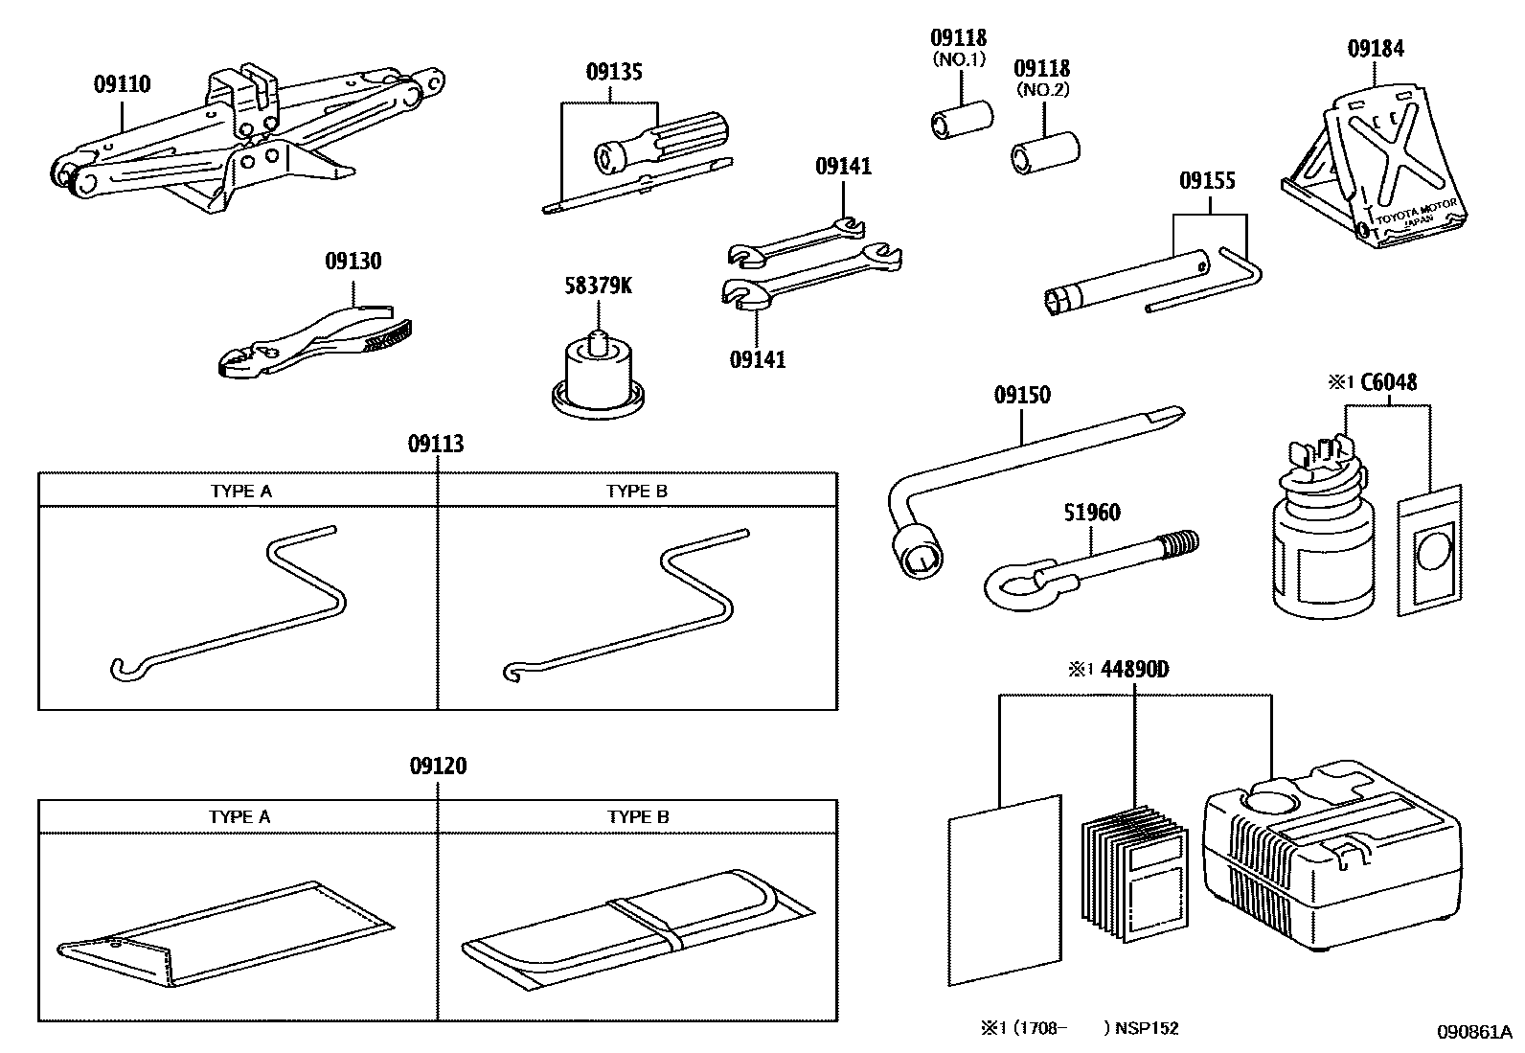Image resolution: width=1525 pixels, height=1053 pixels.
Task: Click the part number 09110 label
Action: (x=122, y=84)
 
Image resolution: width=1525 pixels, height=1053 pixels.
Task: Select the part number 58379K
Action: (x=598, y=286)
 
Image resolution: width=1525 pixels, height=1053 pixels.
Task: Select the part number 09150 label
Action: (x=1021, y=395)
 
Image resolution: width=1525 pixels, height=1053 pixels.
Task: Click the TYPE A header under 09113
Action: (x=240, y=491)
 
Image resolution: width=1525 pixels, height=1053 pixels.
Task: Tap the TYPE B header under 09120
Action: (x=638, y=816)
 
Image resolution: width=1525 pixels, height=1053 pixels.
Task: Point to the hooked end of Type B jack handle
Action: (x=513, y=672)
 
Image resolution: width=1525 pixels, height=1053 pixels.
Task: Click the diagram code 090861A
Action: (x=1471, y=1031)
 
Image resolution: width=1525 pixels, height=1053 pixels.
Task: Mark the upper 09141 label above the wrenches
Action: (x=843, y=166)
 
